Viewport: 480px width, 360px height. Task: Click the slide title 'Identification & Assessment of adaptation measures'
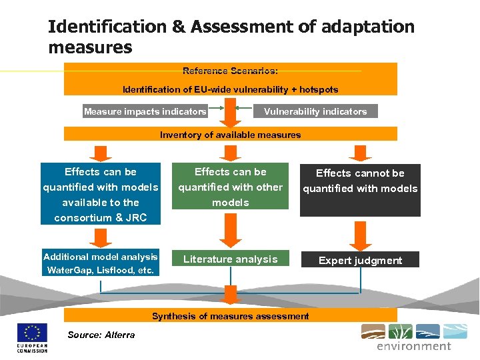(x=231, y=37)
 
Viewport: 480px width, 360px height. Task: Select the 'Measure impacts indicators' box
(x=145, y=111)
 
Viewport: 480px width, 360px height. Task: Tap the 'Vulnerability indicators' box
(x=315, y=111)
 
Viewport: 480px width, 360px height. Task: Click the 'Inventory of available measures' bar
(x=230, y=135)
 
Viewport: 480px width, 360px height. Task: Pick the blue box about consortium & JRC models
(x=101, y=194)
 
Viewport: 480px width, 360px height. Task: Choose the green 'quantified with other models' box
(x=231, y=187)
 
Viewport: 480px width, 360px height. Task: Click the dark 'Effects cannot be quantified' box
(x=360, y=190)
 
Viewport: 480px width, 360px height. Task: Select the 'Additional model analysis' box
(x=101, y=263)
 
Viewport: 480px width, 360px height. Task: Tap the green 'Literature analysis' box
(x=231, y=259)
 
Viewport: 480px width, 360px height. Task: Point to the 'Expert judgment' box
(x=360, y=260)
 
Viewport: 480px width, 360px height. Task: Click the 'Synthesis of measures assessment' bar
(x=230, y=316)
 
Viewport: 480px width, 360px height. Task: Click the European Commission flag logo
(x=32, y=333)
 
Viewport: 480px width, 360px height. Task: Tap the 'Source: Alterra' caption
(x=101, y=335)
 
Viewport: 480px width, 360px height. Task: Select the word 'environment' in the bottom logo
(x=414, y=347)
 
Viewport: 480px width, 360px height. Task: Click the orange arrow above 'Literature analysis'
(x=230, y=229)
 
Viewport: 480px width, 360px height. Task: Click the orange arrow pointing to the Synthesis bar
(x=231, y=295)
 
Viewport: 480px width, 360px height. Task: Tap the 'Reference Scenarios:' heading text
(x=230, y=71)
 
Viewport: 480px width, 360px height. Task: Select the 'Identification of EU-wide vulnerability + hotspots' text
(x=230, y=89)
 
